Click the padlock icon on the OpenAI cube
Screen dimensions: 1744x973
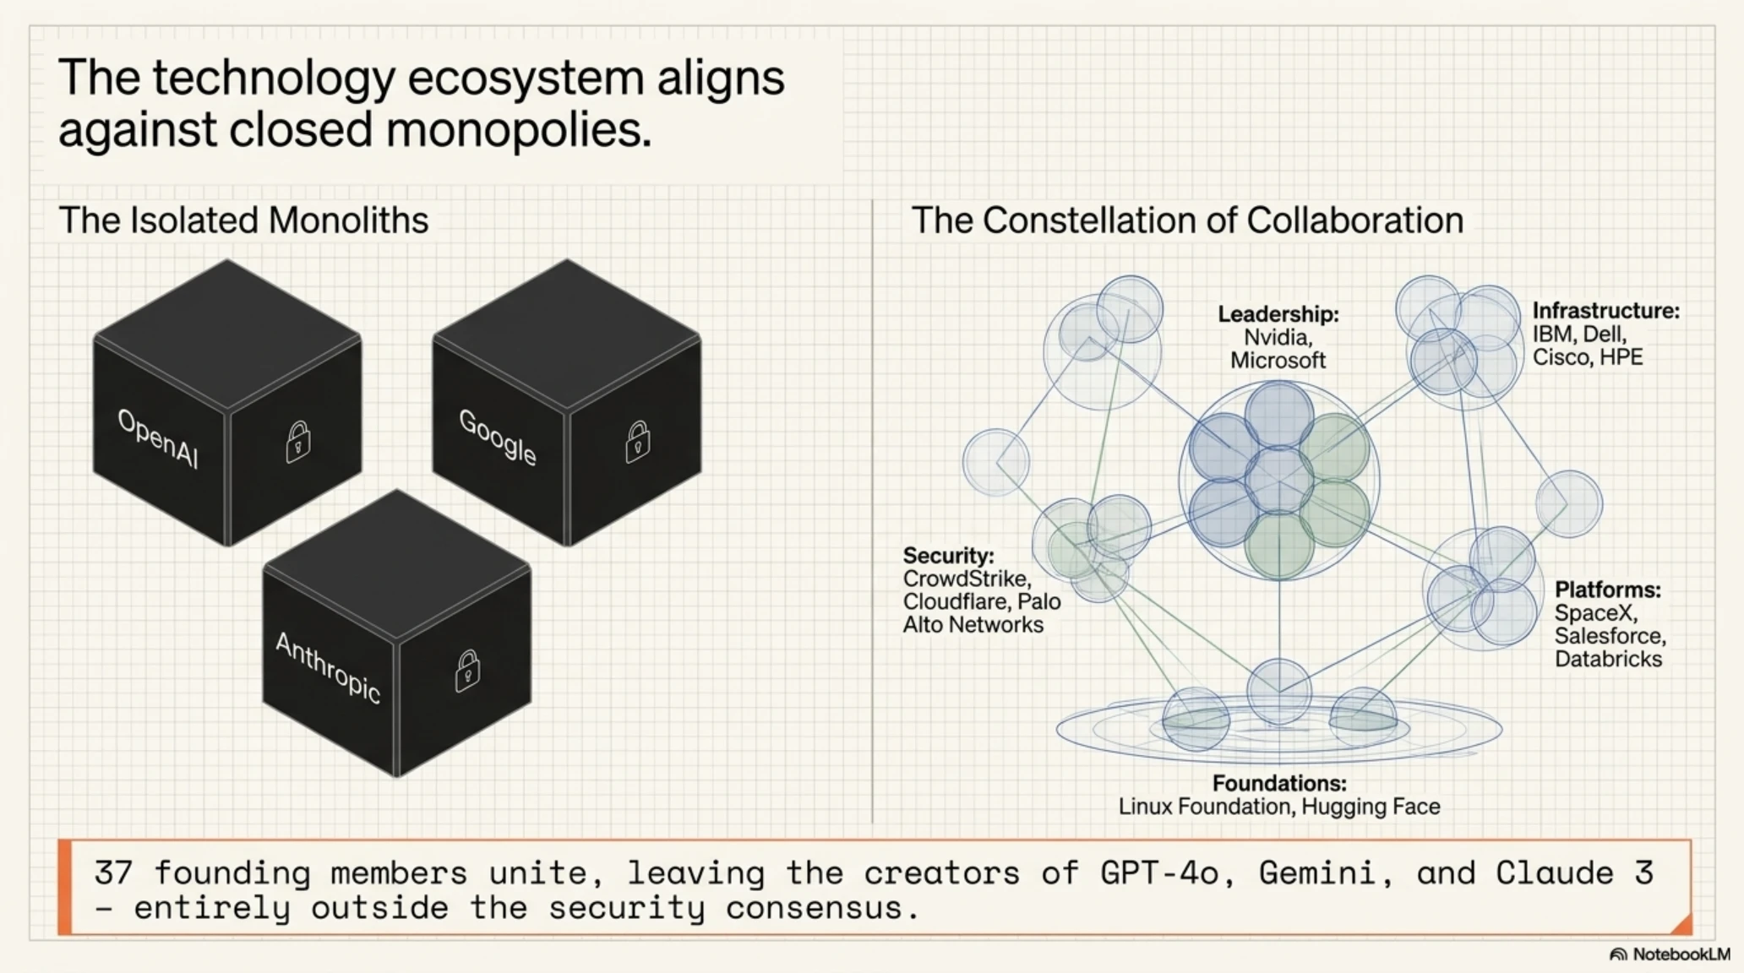297,441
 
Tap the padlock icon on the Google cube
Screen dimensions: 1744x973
637,441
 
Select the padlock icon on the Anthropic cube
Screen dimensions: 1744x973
467,671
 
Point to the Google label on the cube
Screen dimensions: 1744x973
498,437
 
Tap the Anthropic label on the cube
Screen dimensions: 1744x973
328,667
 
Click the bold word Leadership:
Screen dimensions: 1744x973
1278,314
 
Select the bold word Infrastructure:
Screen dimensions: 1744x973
1606,311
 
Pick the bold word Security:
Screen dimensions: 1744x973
948,556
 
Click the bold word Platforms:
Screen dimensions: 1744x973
1608,590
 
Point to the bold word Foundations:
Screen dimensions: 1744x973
1279,783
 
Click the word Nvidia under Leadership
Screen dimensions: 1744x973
1275,337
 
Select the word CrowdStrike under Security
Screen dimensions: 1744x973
965,579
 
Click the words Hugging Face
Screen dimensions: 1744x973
1371,807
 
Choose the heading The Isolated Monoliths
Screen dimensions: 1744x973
243,220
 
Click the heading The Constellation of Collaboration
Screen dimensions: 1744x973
1187,220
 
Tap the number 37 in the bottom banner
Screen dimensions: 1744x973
113,872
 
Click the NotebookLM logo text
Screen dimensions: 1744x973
1681,954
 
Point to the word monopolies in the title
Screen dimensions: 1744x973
518,130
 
